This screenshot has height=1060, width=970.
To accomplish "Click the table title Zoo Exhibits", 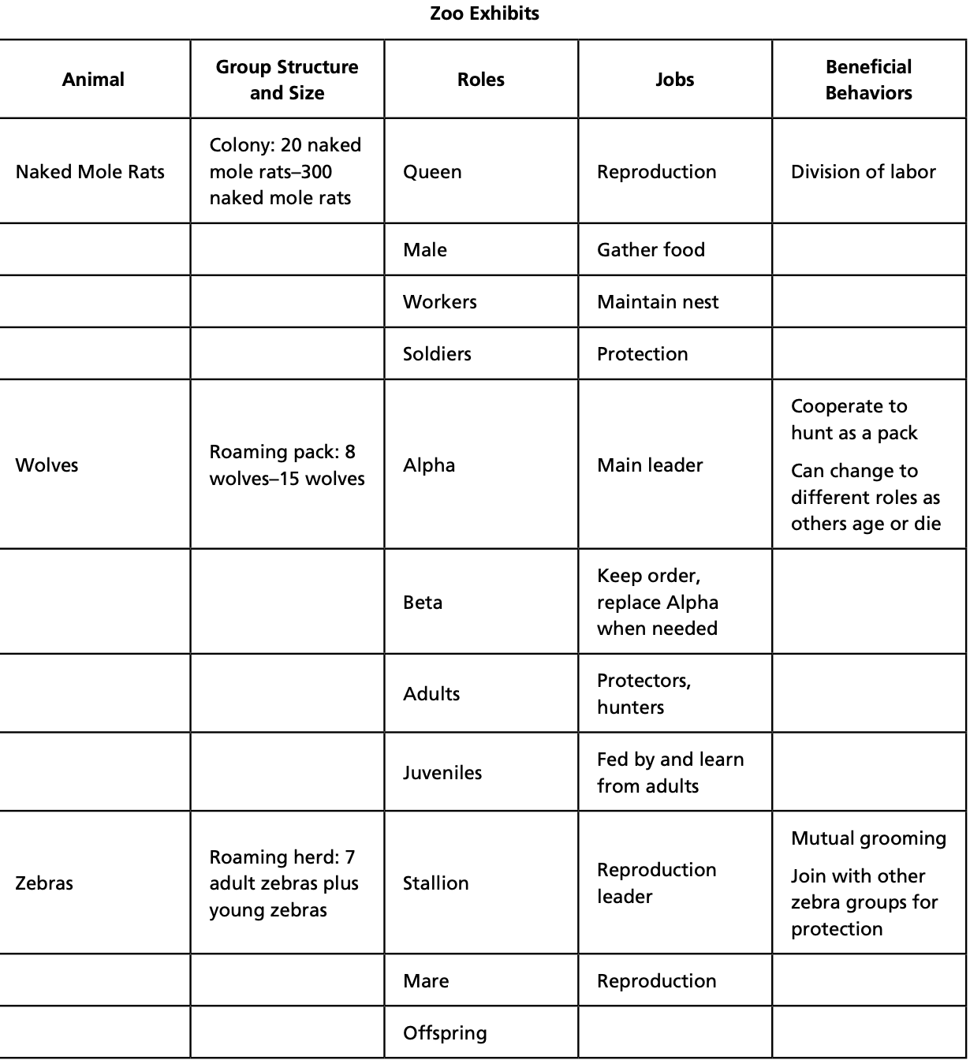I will pyautogui.click(x=484, y=13).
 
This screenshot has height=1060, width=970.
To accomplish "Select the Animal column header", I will pyautogui.click(x=93, y=80).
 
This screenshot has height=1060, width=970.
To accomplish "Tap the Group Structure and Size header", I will pyautogui.click(x=287, y=80).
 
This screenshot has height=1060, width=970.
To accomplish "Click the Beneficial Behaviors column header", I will pyautogui.click(x=868, y=80).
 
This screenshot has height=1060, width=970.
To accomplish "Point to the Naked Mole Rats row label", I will pyautogui.click(x=90, y=172).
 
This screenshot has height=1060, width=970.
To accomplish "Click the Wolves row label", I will pyautogui.click(x=47, y=465).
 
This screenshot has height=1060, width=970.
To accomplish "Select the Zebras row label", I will pyautogui.click(x=44, y=883).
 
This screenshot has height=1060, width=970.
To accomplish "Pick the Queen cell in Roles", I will pyautogui.click(x=432, y=172).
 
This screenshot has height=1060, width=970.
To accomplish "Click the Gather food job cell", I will pyautogui.click(x=651, y=250).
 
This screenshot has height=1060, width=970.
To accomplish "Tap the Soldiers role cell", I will pyautogui.click(x=437, y=354).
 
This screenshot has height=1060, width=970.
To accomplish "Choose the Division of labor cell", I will pyautogui.click(x=864, y=172).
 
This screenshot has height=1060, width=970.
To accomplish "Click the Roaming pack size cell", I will pyautogui.click(x=287, y=465).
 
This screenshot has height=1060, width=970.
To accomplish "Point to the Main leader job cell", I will pyautogui.click(x=650, y=465).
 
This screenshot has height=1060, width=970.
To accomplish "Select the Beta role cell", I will pyautogui.click(x=423, y=603).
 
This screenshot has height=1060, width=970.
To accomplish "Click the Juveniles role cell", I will pyautogui.click(x=442, y=773).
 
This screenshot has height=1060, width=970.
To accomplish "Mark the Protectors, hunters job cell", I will pyautogui.click(x=644, y=694).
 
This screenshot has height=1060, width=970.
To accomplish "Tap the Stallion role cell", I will pyautogui.click(x=436, y=883).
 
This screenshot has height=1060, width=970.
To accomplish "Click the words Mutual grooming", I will pyautogui.click(x=868, y=838).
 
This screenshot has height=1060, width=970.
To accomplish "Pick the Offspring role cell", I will pyautogui.click(x=445, y=1033).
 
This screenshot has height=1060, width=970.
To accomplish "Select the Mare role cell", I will pyautogui.click(x=426, y=981).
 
